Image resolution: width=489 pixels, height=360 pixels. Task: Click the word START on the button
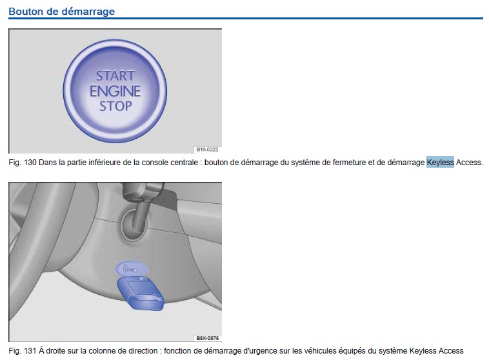115,75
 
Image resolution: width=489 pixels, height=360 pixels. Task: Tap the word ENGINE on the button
115,91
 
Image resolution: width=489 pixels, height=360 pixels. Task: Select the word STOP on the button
115,106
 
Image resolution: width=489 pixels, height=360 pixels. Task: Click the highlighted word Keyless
440,162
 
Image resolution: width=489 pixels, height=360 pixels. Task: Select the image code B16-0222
207,150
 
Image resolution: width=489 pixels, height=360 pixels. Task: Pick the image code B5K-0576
207,338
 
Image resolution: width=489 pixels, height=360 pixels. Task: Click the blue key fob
141,294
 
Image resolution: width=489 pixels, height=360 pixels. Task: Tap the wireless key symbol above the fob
132,268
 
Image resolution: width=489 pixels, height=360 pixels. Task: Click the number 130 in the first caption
30,163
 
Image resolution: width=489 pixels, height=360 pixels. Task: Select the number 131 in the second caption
30,351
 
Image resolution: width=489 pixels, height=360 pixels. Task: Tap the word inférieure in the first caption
103,163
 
